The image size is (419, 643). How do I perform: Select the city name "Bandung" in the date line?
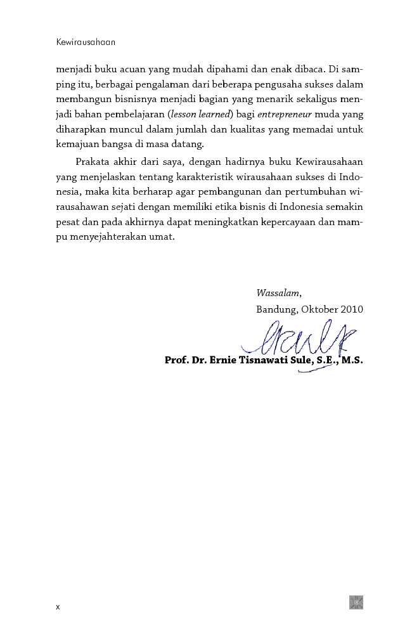(x=276, y=309)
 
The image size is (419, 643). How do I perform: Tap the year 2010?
(x=351, y=309)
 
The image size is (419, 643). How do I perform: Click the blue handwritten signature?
(x=304, y=342)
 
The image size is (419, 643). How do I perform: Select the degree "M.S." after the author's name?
(x=352, y=361)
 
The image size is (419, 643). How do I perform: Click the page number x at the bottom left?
(x=58, y=607)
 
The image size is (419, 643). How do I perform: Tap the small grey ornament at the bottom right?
(x=356, y=602)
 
